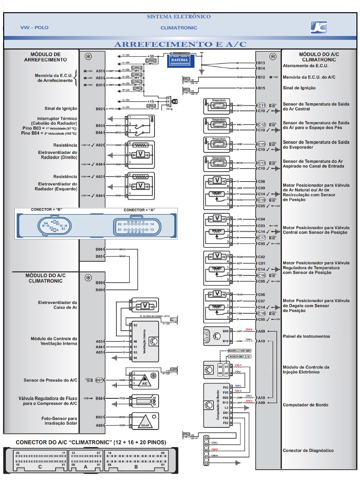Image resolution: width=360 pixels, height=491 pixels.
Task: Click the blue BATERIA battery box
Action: coord(180,60)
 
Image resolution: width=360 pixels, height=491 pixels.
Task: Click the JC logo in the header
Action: coord(319,27)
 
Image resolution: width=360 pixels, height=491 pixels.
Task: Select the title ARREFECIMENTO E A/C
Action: coord(180,44)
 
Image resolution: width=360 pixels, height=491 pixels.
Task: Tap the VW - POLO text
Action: coord(34,28)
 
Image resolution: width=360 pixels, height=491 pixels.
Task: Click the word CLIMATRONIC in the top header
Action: coord(179,28)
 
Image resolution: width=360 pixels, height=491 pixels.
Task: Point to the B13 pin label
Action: coord(261,63)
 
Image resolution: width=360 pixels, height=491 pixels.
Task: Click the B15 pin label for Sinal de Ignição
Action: coord(261,88)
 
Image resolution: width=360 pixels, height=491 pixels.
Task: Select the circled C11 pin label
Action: coord(262,105)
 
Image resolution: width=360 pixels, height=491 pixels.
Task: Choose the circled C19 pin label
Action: coord(262,200)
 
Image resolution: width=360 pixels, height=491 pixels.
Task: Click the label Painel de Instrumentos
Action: coord(306,336)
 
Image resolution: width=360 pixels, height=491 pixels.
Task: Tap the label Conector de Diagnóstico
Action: coord(308,451)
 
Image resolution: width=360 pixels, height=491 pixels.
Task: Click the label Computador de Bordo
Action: coord(305,405)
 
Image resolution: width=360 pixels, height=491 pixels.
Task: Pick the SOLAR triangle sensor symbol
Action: coord(145,422)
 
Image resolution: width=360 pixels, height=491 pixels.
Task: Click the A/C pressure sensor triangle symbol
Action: coord(145,381)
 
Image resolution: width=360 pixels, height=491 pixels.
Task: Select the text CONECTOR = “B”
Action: coord(46,210)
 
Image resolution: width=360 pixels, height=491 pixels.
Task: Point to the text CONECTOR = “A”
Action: coord(139,210)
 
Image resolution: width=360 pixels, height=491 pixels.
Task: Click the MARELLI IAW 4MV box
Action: coord(239,351)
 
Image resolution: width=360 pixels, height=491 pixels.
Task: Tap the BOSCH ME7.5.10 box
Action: coord(240,357)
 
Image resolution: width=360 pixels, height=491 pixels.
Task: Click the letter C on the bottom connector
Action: coord(40,467)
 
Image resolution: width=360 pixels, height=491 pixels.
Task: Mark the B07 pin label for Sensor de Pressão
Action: coord(99,380)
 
